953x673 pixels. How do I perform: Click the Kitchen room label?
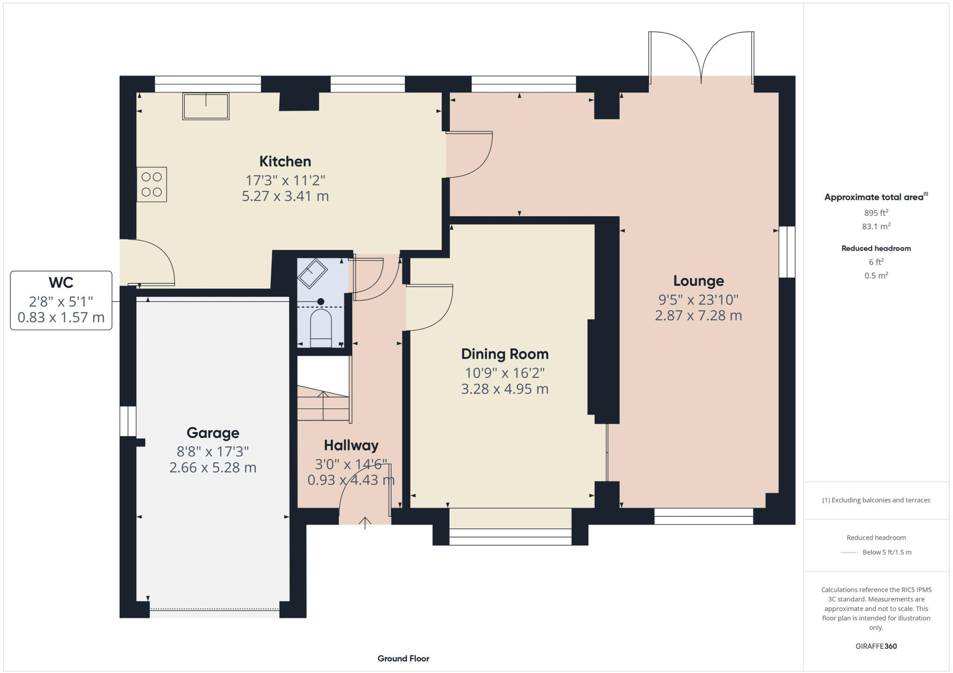tap(285, 161)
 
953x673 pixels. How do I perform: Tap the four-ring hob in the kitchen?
tap(152, 185)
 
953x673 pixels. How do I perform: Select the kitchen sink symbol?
tap(206, 107)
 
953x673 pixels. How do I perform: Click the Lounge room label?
tap(698, 281)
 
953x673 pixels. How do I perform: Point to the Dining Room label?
tap(504, 354)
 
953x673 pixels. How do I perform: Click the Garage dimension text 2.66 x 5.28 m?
tap(213, 467)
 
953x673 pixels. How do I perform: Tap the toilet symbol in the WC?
tap(321, 327)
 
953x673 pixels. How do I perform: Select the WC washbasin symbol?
tap(312, 273)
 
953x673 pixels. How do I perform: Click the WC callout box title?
tap(61, 282)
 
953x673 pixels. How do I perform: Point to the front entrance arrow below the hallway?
tap(365, 523)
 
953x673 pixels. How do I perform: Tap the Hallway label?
tap(351, 446)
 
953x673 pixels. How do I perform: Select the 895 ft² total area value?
tap(876, 213)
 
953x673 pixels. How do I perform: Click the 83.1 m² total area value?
tap(876, 227)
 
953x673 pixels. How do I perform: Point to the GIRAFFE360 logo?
tap(876, 646)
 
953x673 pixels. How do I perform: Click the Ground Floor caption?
tap(403, 659)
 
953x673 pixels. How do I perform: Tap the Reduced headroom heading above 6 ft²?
tap(876, 248)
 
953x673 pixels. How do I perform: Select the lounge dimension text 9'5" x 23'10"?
tap(698, 300)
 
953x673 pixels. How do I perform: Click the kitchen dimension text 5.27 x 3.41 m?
tap(285, 196)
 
